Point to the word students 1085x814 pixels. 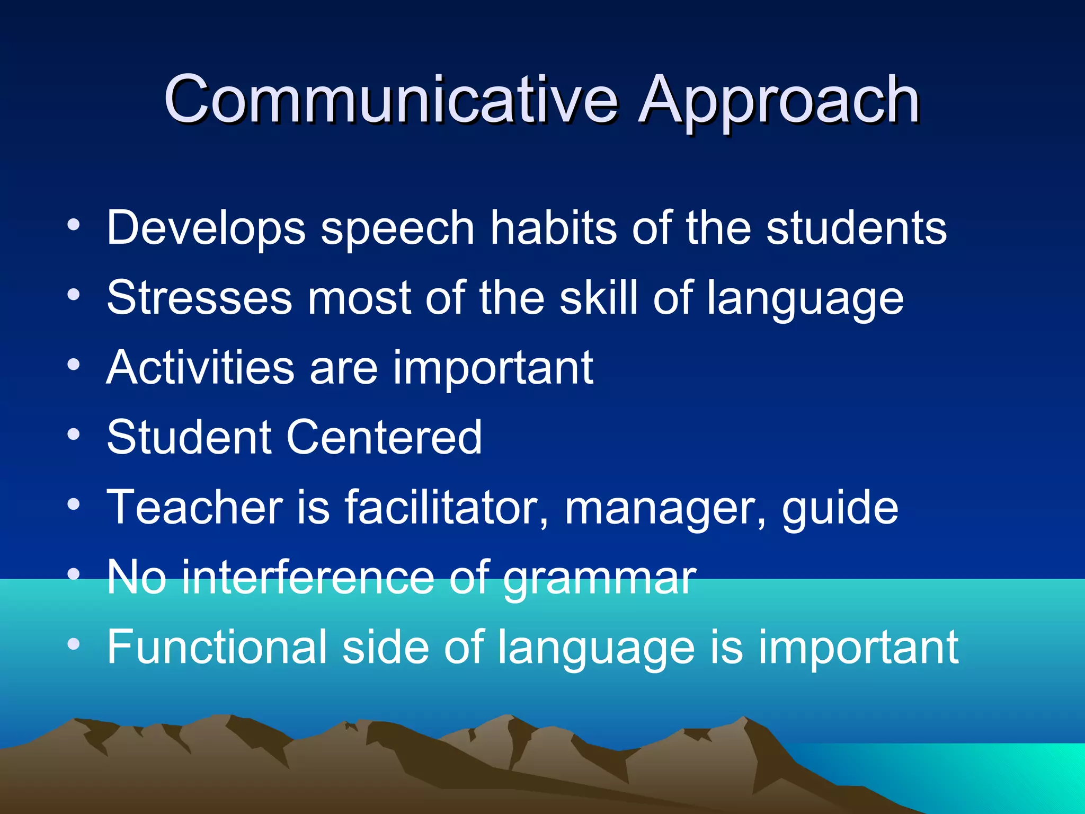(856, 228)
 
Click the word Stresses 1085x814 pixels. (199, 298)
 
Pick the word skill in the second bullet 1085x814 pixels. (599, 298)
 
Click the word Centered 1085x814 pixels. (384, 437)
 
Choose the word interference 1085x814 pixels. (307, 577)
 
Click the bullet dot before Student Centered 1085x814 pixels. (74, 435)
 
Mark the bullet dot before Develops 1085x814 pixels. (74, 225)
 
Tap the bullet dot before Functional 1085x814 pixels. (74, 644)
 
